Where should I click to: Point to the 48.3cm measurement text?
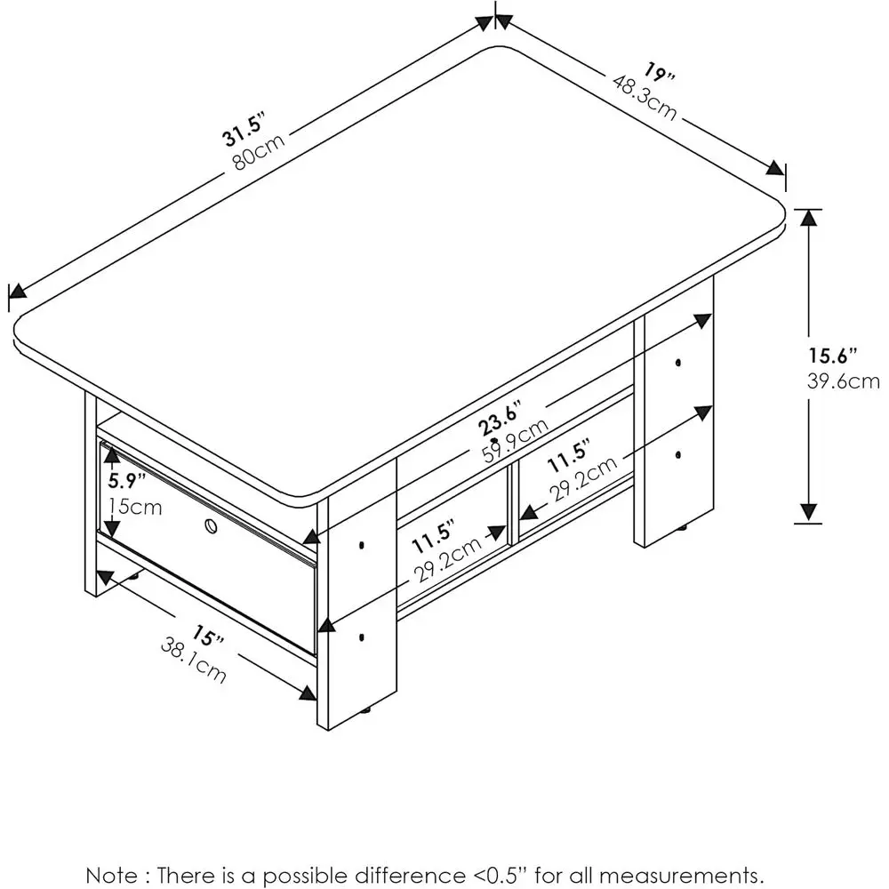tap(645, 97)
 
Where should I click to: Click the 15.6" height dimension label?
tap(832, 356)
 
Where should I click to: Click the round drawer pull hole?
tap(212, 526)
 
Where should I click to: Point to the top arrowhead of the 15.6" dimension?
tap(807, 218)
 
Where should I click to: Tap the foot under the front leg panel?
tap(365, 710)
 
